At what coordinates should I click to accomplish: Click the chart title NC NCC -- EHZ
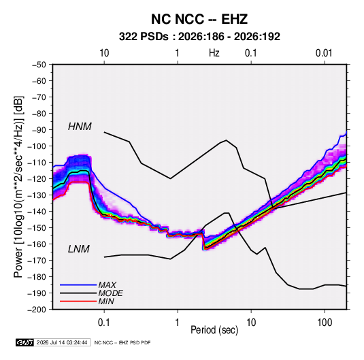coord(199,19)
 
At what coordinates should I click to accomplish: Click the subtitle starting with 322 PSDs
coord(199,37)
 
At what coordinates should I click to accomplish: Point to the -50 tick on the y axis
coord(39,65)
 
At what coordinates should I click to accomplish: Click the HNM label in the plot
coord(80,127)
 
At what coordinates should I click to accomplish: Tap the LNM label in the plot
coord(79,249)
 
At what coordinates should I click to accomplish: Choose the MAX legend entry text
coord(107,285)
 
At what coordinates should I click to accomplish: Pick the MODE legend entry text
coord(110,293)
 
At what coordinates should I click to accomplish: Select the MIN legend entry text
coord(106,301)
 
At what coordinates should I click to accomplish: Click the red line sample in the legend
coord(78,301)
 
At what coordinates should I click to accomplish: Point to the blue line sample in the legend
coord(78,285)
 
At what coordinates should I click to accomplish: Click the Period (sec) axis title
coord(214,330)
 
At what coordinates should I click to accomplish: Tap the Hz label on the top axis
coord(214,53)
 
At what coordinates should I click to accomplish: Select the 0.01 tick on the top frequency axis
coord(324,53)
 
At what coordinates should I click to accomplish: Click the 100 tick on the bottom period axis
coord(325,323)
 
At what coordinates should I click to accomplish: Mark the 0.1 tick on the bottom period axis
coord(104,323)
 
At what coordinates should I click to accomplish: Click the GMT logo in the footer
coord(25,342)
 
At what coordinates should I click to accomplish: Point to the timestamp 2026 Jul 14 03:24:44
coord(62,342)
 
